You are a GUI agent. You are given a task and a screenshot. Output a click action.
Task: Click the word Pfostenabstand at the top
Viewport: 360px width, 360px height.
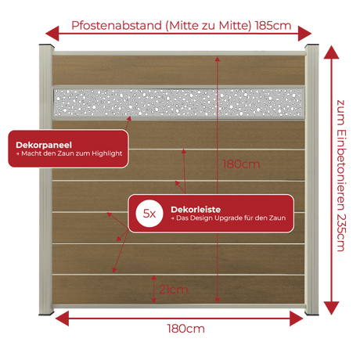(117, 26)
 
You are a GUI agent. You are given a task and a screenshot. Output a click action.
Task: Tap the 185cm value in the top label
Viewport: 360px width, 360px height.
(273, 26)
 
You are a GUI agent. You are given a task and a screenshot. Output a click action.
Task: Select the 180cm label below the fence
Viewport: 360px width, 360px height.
(185, 329)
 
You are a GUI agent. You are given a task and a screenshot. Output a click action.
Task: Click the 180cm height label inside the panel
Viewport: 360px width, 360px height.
(241, 164)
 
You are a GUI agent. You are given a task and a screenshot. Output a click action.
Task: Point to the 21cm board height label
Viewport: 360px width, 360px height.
(174, 290)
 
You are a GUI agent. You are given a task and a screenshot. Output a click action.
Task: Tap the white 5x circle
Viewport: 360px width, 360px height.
(149, 214)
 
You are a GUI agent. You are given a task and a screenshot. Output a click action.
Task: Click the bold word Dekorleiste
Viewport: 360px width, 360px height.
(196, 210)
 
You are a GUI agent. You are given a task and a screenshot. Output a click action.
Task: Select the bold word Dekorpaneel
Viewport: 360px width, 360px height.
(44, 145)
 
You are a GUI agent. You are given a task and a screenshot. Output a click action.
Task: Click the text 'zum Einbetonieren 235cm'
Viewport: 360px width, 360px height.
(341, 175)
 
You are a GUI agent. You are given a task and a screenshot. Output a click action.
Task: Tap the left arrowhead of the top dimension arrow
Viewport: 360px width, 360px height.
(52, 34)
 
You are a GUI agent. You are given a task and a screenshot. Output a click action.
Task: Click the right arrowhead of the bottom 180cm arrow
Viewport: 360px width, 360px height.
(297, 319)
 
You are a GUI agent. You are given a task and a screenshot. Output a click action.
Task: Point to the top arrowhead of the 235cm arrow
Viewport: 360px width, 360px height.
(331, 52)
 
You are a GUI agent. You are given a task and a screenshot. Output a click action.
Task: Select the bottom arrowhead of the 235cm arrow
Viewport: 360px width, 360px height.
(331, 308)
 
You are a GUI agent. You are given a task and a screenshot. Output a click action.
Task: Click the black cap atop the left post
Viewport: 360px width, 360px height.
(46, 45)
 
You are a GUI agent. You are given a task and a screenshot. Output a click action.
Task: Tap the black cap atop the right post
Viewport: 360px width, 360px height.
(311, 45)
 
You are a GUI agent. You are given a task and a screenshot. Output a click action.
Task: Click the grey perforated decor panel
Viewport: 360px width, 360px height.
(178, 103)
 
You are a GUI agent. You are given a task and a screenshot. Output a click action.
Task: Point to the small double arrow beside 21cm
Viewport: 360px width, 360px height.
(154, 289)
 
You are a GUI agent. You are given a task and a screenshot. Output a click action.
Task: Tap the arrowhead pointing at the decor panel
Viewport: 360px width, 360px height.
(129, 119)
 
